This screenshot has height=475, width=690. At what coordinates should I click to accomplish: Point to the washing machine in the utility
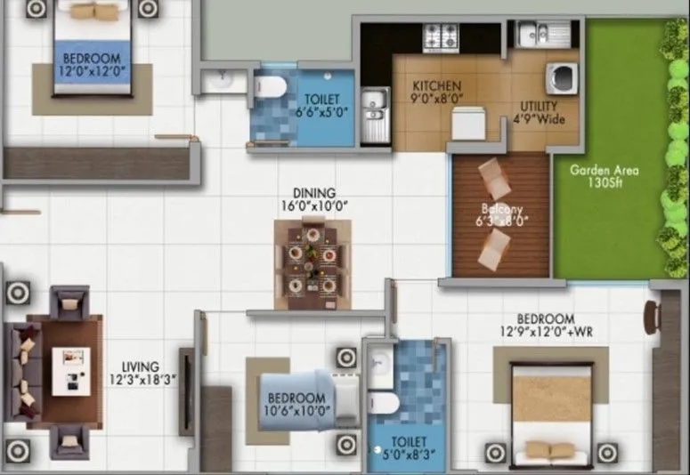[x=564, y=77]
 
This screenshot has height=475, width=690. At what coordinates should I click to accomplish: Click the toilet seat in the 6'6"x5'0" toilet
[x=269, y=86]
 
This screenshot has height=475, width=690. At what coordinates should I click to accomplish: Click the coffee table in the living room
[x=69, y=370]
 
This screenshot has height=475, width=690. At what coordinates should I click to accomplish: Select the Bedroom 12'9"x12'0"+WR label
[x=550, y=326]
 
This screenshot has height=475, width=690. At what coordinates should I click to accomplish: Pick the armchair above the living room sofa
[x=70, y=301]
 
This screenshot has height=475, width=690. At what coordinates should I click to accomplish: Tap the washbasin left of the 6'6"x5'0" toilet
[x=221, y=82]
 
